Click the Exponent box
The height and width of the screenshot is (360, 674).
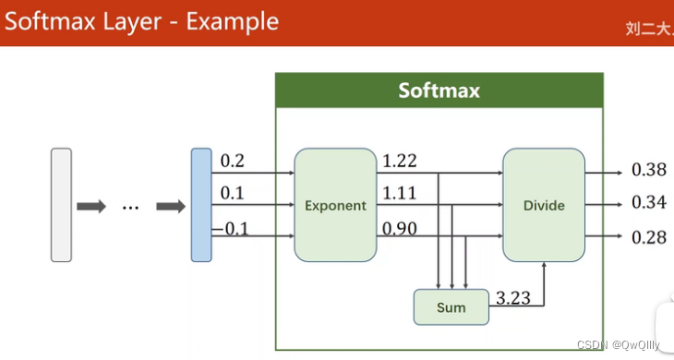[x=335, y=205]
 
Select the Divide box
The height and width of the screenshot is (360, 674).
[x=543, y=205]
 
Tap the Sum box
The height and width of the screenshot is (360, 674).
[x=451, y=307]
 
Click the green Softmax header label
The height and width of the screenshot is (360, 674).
[x=439, y=90]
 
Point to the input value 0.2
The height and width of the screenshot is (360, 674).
[x=233, y=162]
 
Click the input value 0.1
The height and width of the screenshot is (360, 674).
[x=233, y=194]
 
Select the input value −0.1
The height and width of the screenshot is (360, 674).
[x=231, y=229]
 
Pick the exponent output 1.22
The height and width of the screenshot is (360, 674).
[x=399, y=162]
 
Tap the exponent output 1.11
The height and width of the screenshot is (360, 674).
[x=399, y=194]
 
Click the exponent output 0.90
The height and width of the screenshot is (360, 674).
[x=399, y=228]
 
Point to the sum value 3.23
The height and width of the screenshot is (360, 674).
[x=513, y=297]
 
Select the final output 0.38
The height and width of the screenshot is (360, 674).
[x=648, y=170]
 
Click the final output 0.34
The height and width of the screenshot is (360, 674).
[x=648, y=202]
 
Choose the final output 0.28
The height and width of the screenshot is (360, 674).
[x=648, y=237]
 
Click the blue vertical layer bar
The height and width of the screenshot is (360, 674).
[x=201, y=205]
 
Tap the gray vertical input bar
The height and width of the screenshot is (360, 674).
[x=61, y=205]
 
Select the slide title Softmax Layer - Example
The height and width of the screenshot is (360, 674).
[x=141, y=21]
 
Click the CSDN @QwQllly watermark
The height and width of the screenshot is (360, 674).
[x=618, y=345]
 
